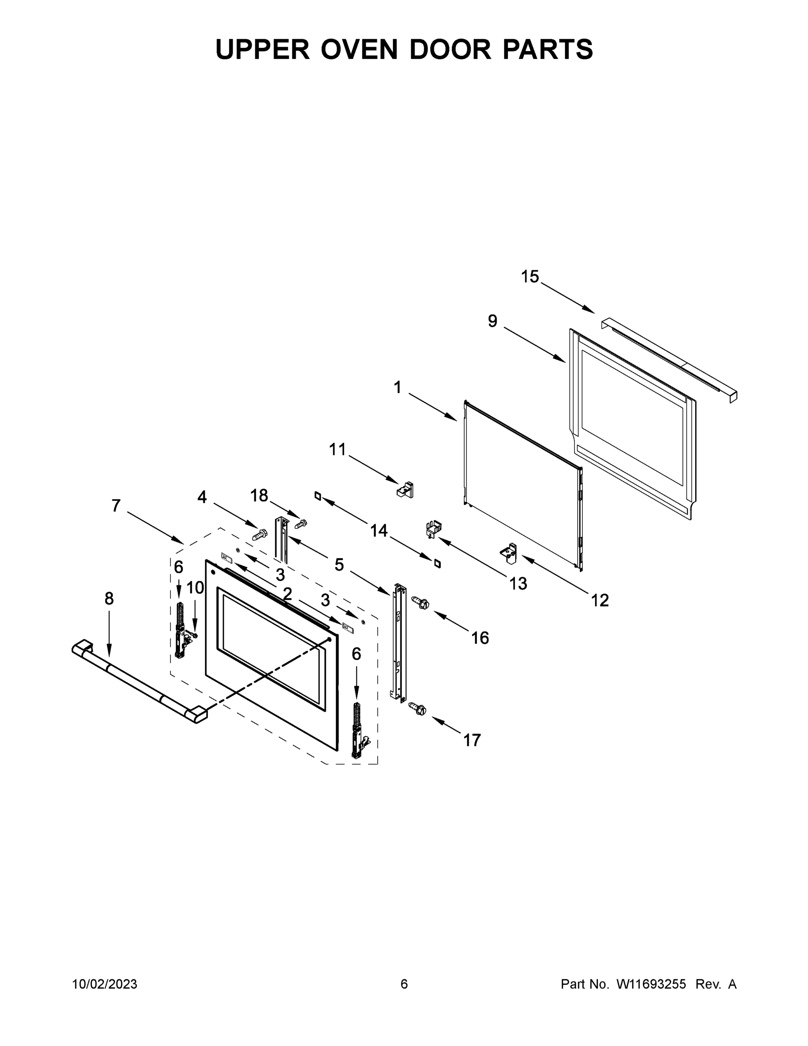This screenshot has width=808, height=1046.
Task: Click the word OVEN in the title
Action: [x=359, y=49]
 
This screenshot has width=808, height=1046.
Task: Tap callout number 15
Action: [x=530, y=277]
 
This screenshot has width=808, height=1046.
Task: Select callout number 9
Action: [x=493, y=321]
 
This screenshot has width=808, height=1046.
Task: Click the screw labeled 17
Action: [x=418, y=709]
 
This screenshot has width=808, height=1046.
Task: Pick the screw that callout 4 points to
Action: [x=260, y=533]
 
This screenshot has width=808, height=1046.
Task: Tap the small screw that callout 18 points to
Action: [x=301, y=523]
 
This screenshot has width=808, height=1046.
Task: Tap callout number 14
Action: [x=379, y=531]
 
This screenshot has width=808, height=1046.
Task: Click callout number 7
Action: [x=116, y=506]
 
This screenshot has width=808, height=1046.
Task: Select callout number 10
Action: [x=195, y=588]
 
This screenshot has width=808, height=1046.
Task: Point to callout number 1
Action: [x=397, y=387]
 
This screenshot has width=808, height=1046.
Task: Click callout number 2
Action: [x=287, y=594]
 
